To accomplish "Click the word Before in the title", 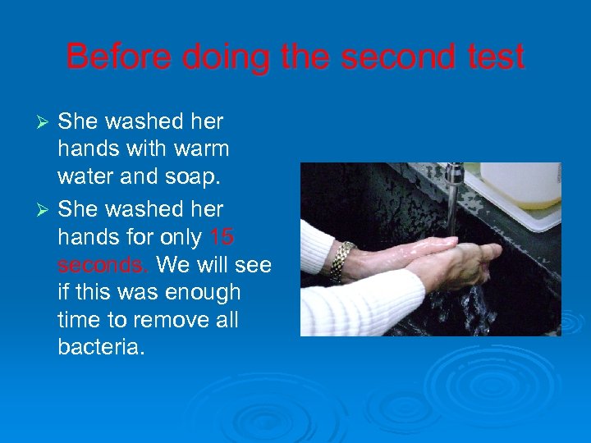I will point(117,57).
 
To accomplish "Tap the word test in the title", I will point(492,57).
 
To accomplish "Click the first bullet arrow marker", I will point(47,122).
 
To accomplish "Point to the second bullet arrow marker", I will point(47,210).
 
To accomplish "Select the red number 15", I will point(222,237).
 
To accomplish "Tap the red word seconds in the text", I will point(103,266).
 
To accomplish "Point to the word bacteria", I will point(101,349).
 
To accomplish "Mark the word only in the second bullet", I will point(177,237).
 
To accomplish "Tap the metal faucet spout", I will point(455,175).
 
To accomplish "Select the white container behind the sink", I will point(520,184).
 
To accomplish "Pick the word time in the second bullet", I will point(82,321).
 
